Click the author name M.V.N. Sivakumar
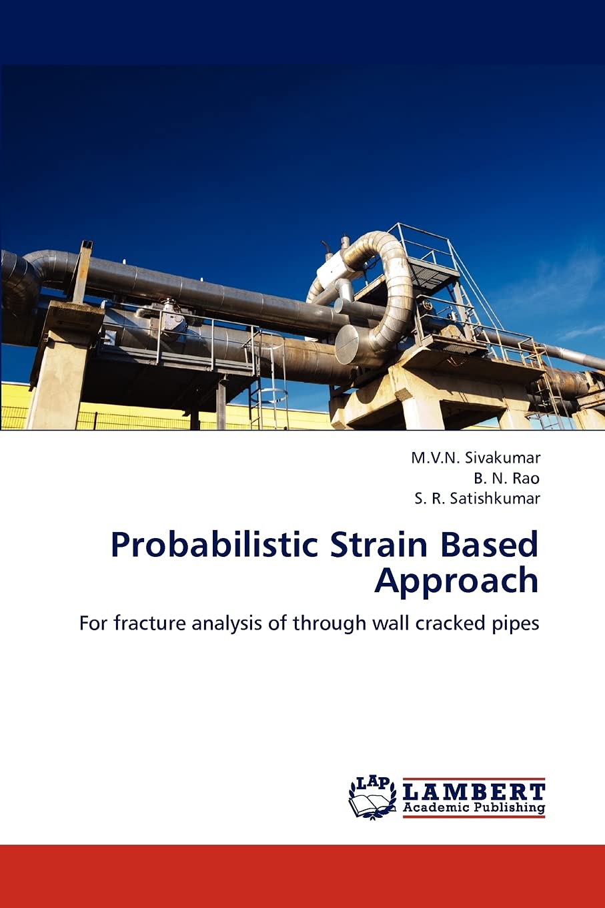pos(476,457)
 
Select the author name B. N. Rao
pos(506,478)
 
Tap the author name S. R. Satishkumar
pos(477,499)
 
